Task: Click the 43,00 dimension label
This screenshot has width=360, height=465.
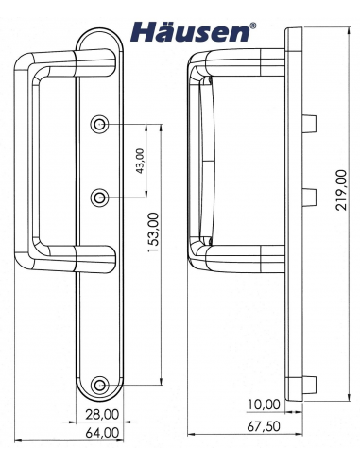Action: pos(142,162)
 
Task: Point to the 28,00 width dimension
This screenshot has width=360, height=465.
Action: pos(101,413)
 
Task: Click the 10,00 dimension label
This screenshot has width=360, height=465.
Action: pos(264,405)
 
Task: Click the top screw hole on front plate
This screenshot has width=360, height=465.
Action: pos(101,125)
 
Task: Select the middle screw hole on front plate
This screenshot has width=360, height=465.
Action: pos(101,197)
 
